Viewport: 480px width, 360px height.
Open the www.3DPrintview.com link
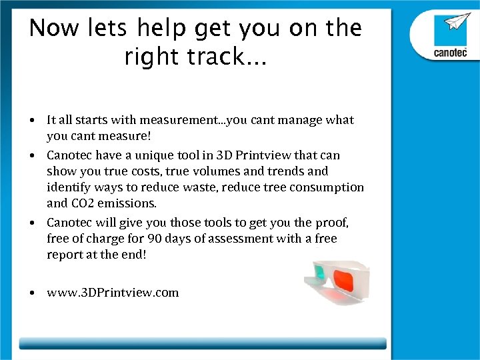pyautogui.click(x=113, y=293)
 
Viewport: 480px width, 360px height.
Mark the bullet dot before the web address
pyautogui.click(x=32, y=293)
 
